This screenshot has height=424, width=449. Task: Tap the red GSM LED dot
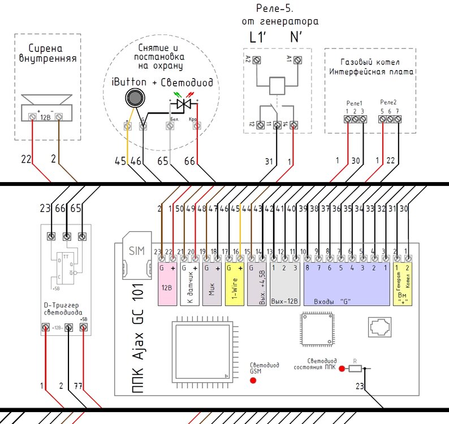pos(253,380)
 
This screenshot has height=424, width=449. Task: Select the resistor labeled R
pos(355,369)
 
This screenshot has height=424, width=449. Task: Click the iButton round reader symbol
pos(134,99)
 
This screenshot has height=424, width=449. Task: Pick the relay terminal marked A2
pos(257,59)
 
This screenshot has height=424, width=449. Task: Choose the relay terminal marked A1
pos(297,59)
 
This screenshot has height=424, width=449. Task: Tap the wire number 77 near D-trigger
pos(79,386)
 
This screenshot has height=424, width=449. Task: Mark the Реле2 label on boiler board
pos(388,103)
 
